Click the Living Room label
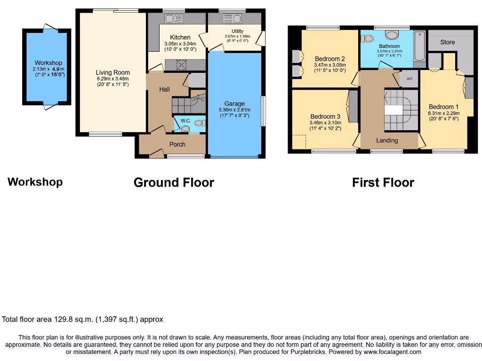coord(112,72)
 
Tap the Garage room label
coord(234,103)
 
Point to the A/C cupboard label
coord(410,79)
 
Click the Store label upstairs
coord(447,42)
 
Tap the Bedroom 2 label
coord(329,59)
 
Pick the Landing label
coord(387,140)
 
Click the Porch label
coord(177,144)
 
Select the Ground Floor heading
coord(174,182)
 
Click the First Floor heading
coord(383,182)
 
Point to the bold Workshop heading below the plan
coord(35,182)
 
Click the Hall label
coord(164,89)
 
